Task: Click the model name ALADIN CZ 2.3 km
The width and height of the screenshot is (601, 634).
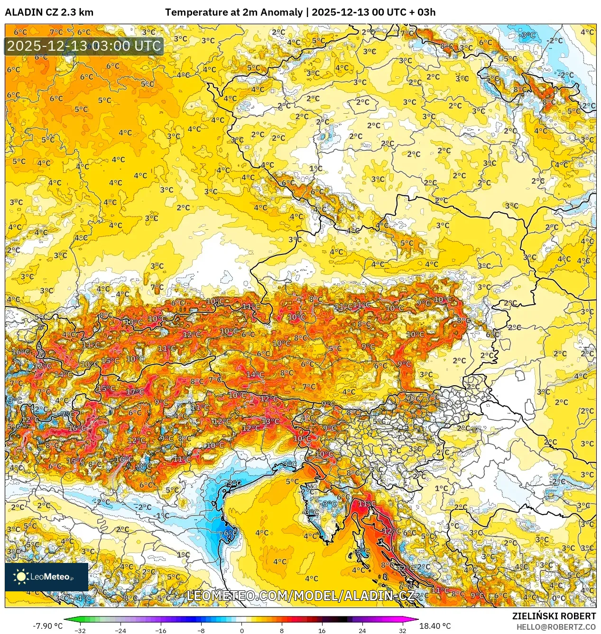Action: point(49,12)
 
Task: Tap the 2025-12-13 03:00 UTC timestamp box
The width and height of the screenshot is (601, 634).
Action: point(84,46)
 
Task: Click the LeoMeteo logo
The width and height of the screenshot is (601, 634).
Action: point(46,577)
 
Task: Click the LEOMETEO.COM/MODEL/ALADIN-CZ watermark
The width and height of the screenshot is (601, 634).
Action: point(300,596)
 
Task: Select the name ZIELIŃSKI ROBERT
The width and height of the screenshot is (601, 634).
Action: point(554,616)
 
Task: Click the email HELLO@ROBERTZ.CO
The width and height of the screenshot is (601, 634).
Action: point(556,627)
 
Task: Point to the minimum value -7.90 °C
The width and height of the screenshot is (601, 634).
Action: point(47,626)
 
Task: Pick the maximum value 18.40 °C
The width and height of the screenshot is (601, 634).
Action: point(435,626)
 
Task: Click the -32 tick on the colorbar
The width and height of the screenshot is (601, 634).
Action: point(80,630)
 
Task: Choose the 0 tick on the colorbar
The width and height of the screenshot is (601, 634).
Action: point(241,630)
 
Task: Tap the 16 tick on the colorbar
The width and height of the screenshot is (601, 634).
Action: point(322,630)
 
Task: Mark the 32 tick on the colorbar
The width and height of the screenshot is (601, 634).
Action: point(402,630)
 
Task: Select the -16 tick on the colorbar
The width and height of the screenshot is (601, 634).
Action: point(160,630)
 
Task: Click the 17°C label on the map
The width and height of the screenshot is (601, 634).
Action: point(135,392)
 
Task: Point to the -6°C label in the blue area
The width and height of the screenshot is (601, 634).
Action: point(230,533)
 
